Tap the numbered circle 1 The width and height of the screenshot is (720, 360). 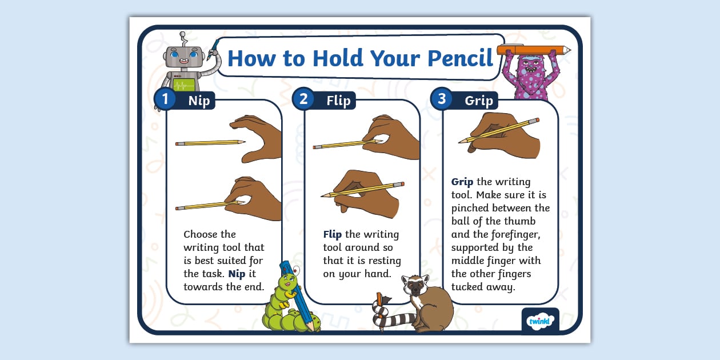pos(165,99)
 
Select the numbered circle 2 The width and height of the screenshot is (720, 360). pos(303,99)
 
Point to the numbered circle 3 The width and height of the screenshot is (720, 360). pos(442,99)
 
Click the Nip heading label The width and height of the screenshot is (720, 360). pos(199,101)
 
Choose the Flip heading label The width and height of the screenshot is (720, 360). pos(338,101)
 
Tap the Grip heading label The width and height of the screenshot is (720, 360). pos(478,101)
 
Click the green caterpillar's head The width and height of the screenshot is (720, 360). pos(287,282)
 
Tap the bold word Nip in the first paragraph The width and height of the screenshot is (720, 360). pos(237,274)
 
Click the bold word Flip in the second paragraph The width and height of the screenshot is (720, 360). pos(332,234)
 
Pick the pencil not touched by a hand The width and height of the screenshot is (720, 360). pos(210,142)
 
